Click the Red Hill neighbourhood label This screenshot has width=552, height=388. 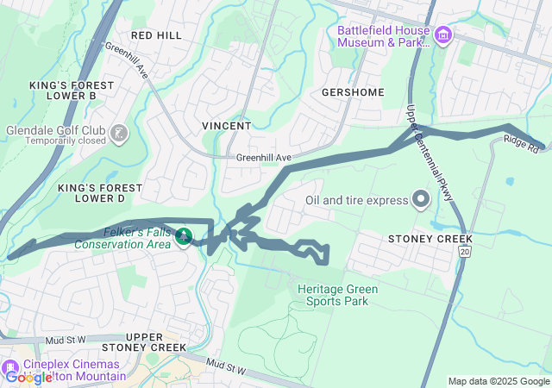point(156,34)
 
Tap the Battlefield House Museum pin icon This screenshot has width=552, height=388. point(443,35)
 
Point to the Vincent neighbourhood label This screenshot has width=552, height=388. point(226,125)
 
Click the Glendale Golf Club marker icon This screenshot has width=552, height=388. point(119,133)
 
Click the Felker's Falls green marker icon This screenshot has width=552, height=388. point(183,235)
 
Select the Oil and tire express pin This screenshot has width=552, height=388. point(421,200)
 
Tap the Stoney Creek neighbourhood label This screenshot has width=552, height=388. point(430,238)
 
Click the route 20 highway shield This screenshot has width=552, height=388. point(465,251)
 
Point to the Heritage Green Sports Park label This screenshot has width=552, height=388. point(333,295)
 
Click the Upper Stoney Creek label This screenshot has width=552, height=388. point(155,341)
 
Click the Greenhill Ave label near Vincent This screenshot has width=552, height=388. point(264,159)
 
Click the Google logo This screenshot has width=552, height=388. point(28,377)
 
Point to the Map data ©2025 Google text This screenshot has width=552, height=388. point(499,381)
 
